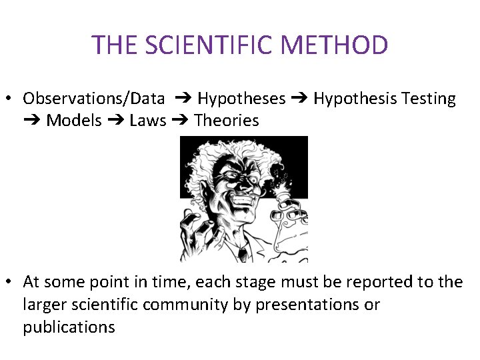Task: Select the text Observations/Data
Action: pos(93,99)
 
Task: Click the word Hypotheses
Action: pos(241,99)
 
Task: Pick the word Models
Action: pos(74,121)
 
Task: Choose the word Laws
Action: pos(148,121)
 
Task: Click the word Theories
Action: pos(227,121)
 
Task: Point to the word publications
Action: pos(69,327)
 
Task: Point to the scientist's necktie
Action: pos(243,253)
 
